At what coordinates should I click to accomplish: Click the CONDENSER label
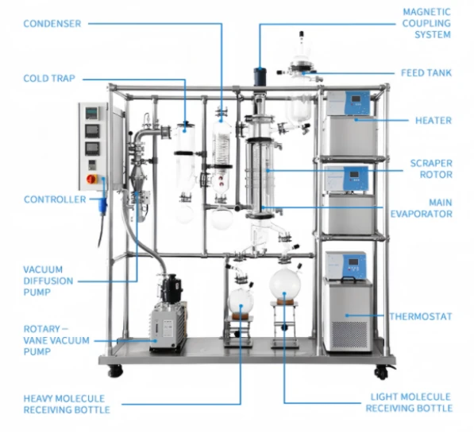[52, 24]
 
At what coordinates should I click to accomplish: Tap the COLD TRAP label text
[49, 79]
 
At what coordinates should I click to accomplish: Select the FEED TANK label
[426, 73]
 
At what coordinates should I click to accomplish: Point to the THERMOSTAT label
[421, 316]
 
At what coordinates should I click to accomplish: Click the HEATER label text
[434, 121]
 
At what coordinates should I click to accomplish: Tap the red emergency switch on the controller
[91, 179]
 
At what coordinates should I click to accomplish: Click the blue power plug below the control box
[103, 206]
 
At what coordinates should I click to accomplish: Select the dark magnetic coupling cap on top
[260, 76]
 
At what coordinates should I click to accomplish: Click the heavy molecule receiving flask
[241, 300]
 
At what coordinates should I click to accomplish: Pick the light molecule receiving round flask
[285, 285]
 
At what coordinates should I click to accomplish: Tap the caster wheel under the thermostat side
[381, 372]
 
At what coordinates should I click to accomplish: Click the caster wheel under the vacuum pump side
[115, 370]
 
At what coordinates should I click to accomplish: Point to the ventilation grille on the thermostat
[350, 335]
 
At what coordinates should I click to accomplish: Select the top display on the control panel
[91, 113]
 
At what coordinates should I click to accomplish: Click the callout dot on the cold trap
[184, 131]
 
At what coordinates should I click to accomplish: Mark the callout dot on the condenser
[222, 121]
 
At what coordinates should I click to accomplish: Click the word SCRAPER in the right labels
[431, 164]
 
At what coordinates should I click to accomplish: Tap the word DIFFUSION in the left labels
[48, 281]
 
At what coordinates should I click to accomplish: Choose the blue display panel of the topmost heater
[356, 102]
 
